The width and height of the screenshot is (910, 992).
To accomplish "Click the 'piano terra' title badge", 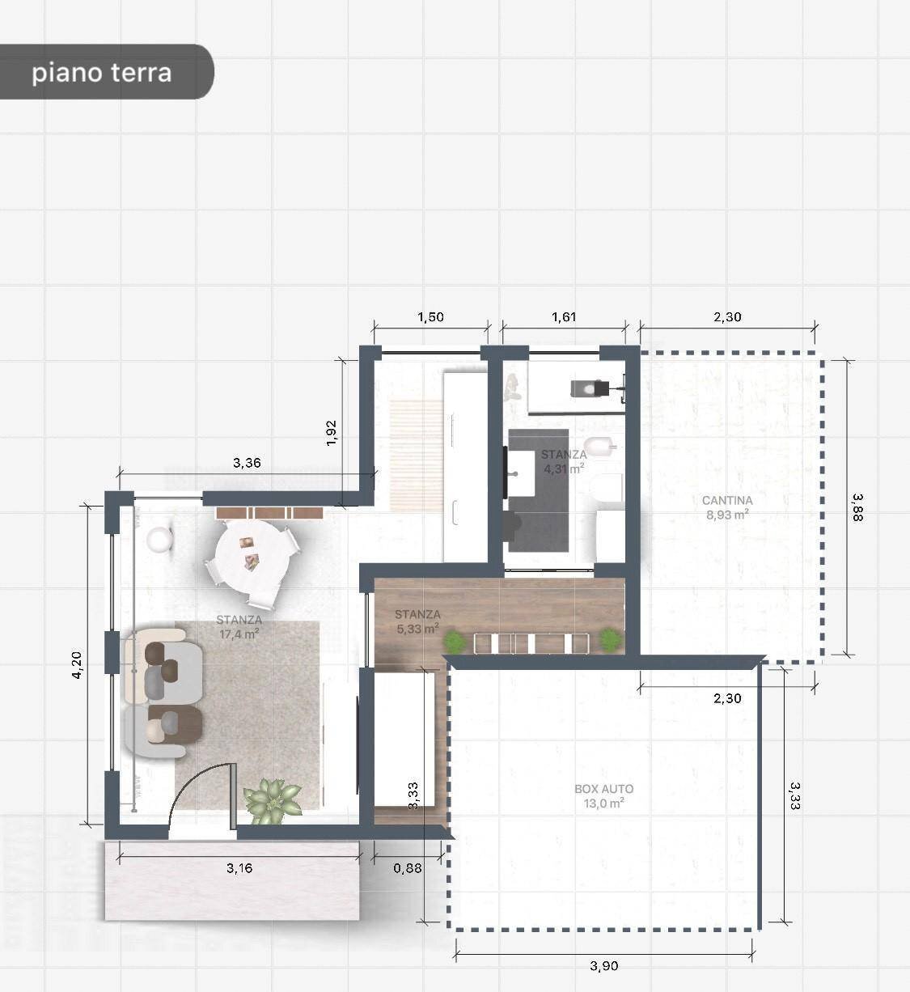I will pyautogui.click(x=103, y=72).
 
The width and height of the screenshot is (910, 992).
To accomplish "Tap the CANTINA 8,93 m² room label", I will pyautogui.click(x=727, y=507).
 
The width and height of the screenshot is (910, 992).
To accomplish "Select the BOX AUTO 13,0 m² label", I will pyautogui.click(x=603, y=796).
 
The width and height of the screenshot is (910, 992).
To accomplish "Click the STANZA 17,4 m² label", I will pyautogui.click(x=239, y=627).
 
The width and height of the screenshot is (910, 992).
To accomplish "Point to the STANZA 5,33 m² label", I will pyautogui.click(x=417, y=621).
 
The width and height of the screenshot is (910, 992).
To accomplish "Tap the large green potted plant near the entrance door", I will pyautogui.click(x=273, y=799).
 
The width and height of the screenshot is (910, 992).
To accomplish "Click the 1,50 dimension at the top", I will pyautogui.click(x=430, y=317).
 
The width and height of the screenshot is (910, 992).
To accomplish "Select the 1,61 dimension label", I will pyautogui.click(x=564, y=317).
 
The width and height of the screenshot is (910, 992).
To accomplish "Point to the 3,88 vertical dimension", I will pyautogui.click(x=857, y=507).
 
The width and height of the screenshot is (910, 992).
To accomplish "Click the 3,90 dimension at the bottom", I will pyautogui.click(x=603, y=965).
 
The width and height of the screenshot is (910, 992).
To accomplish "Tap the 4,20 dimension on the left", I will pyautogui.click(x=77, y=664).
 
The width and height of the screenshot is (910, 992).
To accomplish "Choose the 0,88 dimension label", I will pyautogui.click(x=408, y=868).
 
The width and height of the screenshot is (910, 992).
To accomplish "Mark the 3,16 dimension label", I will pyautogui.click(x=239, y=868).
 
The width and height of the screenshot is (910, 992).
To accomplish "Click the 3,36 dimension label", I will pyautogui.click(x=247, y=463).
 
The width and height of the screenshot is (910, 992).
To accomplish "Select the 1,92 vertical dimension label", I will pyautogui.click(x=331, y=431).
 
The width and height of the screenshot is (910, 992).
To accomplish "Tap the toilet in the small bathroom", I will pyautogui.click(x=604, y=489).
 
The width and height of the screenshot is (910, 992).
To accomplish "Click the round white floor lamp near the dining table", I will pyautogui.click(x=161, y=539).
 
